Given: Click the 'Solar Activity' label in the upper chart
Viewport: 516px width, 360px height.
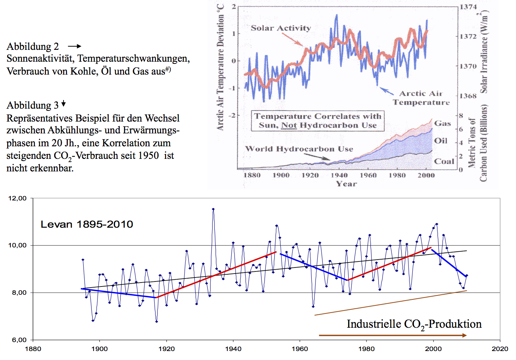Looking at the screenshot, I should [281, 28].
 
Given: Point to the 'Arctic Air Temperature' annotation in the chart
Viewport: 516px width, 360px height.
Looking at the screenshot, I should [421, 98].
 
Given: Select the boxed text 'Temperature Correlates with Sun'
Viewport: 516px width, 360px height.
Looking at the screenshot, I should [318, 121].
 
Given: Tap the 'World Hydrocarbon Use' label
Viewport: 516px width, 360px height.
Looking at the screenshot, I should [299, 149].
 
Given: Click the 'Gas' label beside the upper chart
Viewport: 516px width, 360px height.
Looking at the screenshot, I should [442, 123].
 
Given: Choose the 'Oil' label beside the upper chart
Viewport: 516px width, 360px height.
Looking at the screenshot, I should [441, 141].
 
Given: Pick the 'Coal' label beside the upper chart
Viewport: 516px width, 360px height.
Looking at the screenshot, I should [444, 161].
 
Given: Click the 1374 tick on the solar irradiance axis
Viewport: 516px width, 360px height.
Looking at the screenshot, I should [468, 7].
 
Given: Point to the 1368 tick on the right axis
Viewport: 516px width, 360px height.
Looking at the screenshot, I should [468, 96].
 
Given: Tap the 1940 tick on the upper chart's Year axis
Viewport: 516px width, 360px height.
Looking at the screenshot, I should [339, 175].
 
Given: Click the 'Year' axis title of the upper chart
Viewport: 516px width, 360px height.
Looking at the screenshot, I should [346, 184].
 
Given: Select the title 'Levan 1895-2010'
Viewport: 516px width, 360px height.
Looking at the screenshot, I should [87, 224].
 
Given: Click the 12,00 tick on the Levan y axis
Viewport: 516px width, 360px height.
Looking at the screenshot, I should [18, 198].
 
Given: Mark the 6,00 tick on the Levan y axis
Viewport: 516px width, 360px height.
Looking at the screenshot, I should [18, 340].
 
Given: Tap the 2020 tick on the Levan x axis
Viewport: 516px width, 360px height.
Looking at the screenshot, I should [500, 349].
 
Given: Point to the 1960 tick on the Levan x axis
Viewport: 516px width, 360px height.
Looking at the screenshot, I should [300, 349].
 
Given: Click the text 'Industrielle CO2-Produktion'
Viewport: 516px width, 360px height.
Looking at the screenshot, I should [414, 324].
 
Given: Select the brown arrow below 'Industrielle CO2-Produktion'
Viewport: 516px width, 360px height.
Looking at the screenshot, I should [393, 335].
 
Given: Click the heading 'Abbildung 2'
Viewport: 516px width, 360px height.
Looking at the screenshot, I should [33, 47].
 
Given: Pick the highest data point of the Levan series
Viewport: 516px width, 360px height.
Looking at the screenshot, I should [213, 209].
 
